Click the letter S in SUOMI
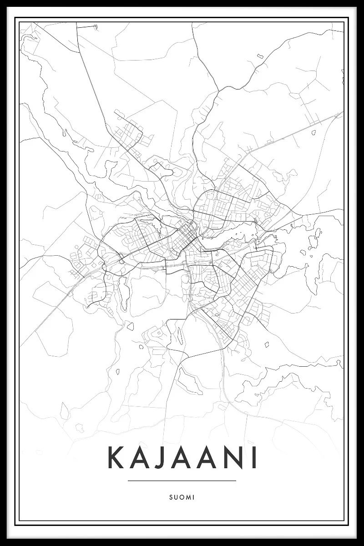tap(170, 498)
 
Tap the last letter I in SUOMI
tap(193, 498)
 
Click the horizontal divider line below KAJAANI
tap(182, 480)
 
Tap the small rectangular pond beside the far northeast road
tap(260, 56)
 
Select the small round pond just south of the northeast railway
tap(313, 133)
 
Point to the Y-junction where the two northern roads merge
tap(219, 91)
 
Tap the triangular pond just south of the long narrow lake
tap(131, 326)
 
